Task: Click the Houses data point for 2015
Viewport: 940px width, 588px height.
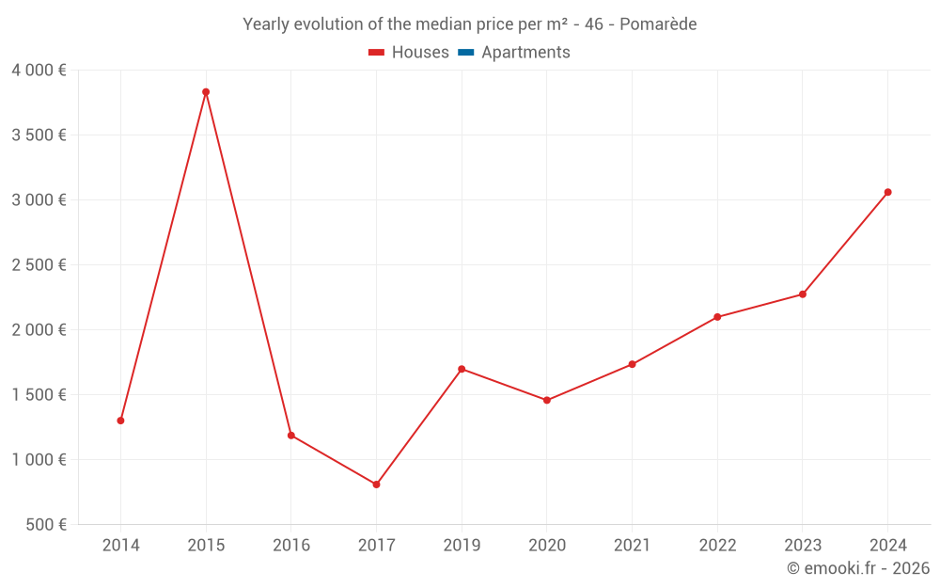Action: click(206, 92)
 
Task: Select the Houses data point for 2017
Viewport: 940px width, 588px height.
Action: click(376, 485)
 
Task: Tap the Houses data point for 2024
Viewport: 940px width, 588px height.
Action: click(887, 192)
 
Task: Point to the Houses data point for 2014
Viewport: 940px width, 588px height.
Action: click(120, 421)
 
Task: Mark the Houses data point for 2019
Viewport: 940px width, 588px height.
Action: click(462, 369)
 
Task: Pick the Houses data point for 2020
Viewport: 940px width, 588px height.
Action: click(547, 401)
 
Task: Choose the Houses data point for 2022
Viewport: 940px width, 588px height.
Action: click(717, 317)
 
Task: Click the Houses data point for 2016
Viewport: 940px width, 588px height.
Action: click(291, 436)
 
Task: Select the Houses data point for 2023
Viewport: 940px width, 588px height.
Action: click(803, 294)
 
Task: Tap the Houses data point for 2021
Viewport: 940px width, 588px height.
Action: click(632, 364)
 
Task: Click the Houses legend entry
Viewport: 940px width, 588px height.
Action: click(409, 53)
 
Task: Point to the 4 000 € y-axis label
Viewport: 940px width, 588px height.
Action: click(39, 71)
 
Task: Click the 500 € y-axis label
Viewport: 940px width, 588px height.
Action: click(46, 525)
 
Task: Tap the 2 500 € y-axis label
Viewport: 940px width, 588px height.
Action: click(39, 265)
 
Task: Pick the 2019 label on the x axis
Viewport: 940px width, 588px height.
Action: click(462, 546)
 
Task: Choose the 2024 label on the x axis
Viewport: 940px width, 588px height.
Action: click(887, 546)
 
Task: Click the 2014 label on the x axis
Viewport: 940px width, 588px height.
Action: click(120, 546)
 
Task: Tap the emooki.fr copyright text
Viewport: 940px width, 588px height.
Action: click(858, 568)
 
